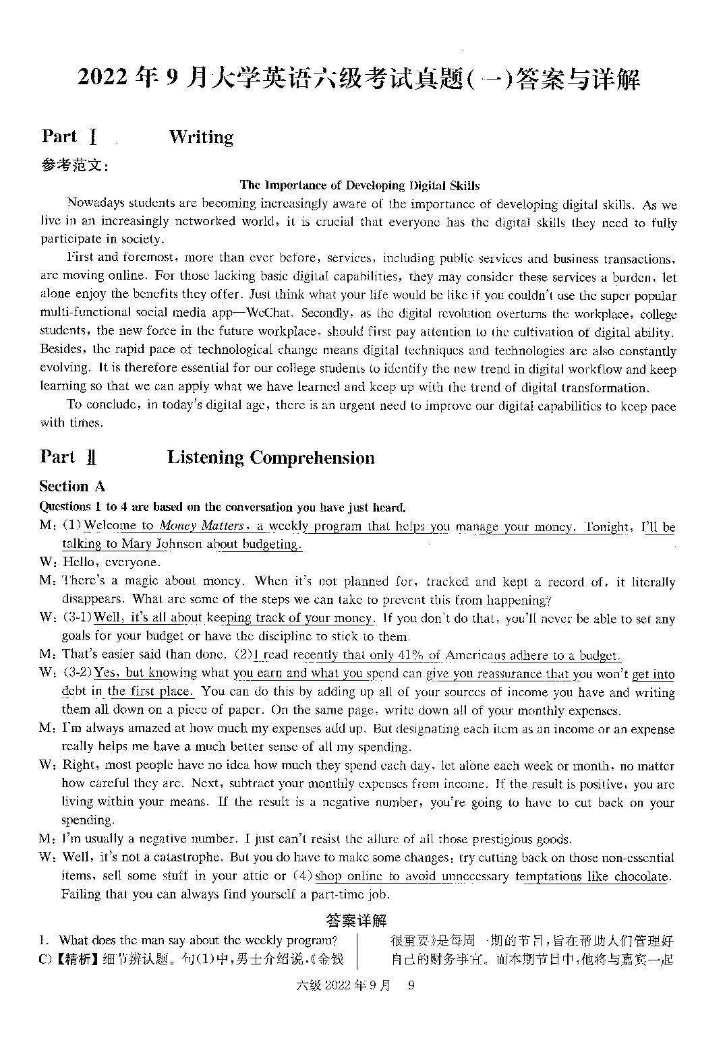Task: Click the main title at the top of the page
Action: [x=359, y=79]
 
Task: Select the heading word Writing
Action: [x=201, y=137]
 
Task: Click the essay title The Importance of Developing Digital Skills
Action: [x=359, y=185]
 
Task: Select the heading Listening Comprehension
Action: [x=270, y=458]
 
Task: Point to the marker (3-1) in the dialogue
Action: [x=77, y=618]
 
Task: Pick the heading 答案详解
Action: [x=356, y=921]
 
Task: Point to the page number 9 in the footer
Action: [x=411, y=985]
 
